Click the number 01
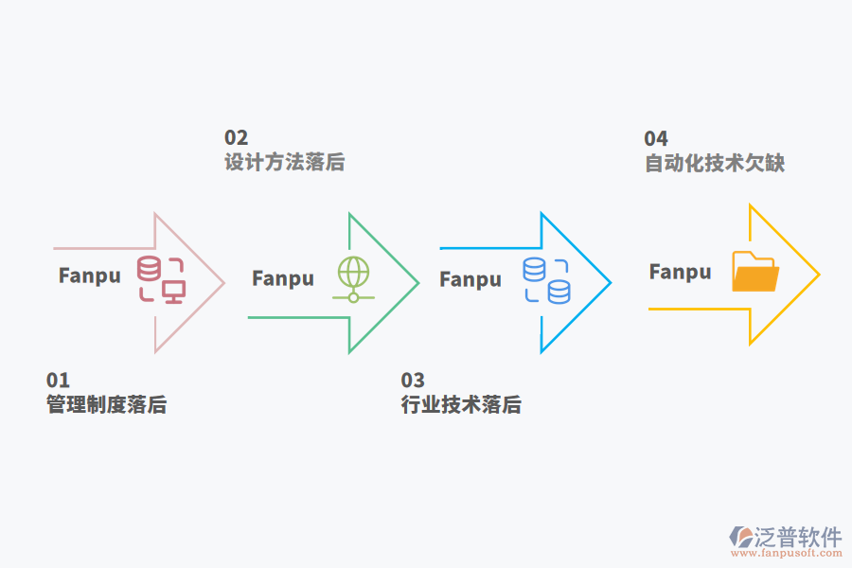click(x=58, y=381)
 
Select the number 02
click(x=236, y=138)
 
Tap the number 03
click(x=413, y=381)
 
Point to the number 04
click(x=656, y=139)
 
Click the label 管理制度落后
click(x=106, y=405)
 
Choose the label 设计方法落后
click(x=284, y=163)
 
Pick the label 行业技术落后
click(x=461, y=405)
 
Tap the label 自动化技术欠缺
click(x=715, y=164)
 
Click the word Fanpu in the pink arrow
click(x=90, y=275)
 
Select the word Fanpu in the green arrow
click(x=282, y=278)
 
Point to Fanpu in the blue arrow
click(x=470, y=279)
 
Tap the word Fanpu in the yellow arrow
click(x=680, y=273)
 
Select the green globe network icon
click(x=353, y=278)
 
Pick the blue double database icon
click(x=546, y=280)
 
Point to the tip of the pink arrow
click(x=223, y=282)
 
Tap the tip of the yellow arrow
click(x=818, y=275)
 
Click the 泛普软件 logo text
click(x=798, y=538)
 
